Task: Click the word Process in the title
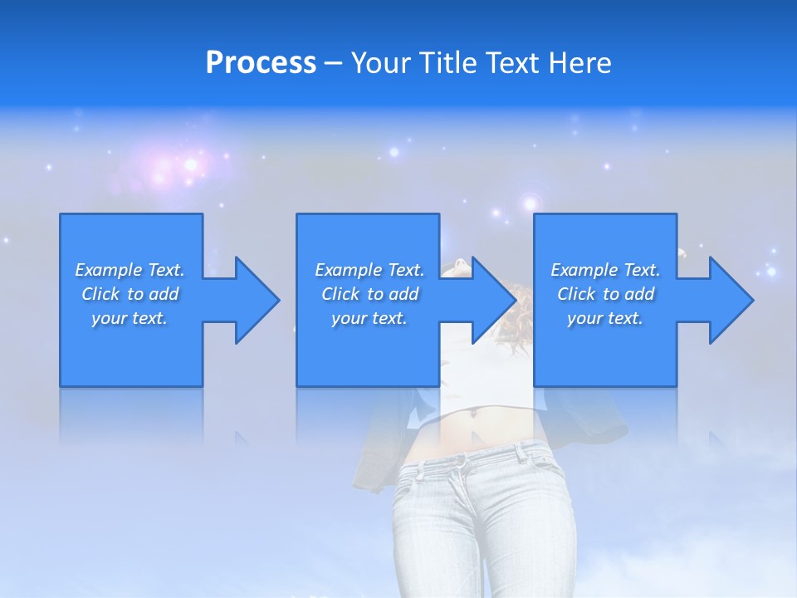click(261, 63)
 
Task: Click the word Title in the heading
click(447, 63)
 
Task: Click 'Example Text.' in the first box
click(130, 270)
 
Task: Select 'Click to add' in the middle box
click(369, 294)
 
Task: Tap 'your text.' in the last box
click(604, 318)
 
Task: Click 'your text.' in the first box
click(130, 318)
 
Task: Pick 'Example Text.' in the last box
click(605, 270)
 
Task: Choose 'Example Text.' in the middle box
click(369, 270)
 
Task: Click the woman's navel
click(475, 410)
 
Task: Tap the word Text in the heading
click(515, 63)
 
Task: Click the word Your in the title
click(381, 63)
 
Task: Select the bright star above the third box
click(530, 203)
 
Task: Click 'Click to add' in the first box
click(130, 294)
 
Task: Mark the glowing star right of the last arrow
click(771, 272)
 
